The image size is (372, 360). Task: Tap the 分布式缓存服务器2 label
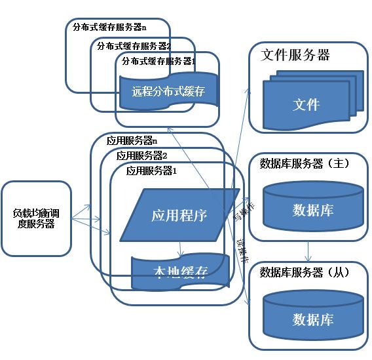[134, 46]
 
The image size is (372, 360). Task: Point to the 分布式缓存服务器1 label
[159, 61]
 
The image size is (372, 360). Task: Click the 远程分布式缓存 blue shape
[168, 91]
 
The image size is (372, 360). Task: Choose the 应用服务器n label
[132, 140]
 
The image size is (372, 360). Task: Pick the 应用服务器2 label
[142, 155]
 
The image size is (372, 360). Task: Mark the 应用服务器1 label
[152, 170]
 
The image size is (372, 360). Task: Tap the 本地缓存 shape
[180, 271]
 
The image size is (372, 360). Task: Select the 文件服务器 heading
[295, 54]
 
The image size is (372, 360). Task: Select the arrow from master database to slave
[308, 251]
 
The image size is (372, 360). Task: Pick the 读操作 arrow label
[242, 251]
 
